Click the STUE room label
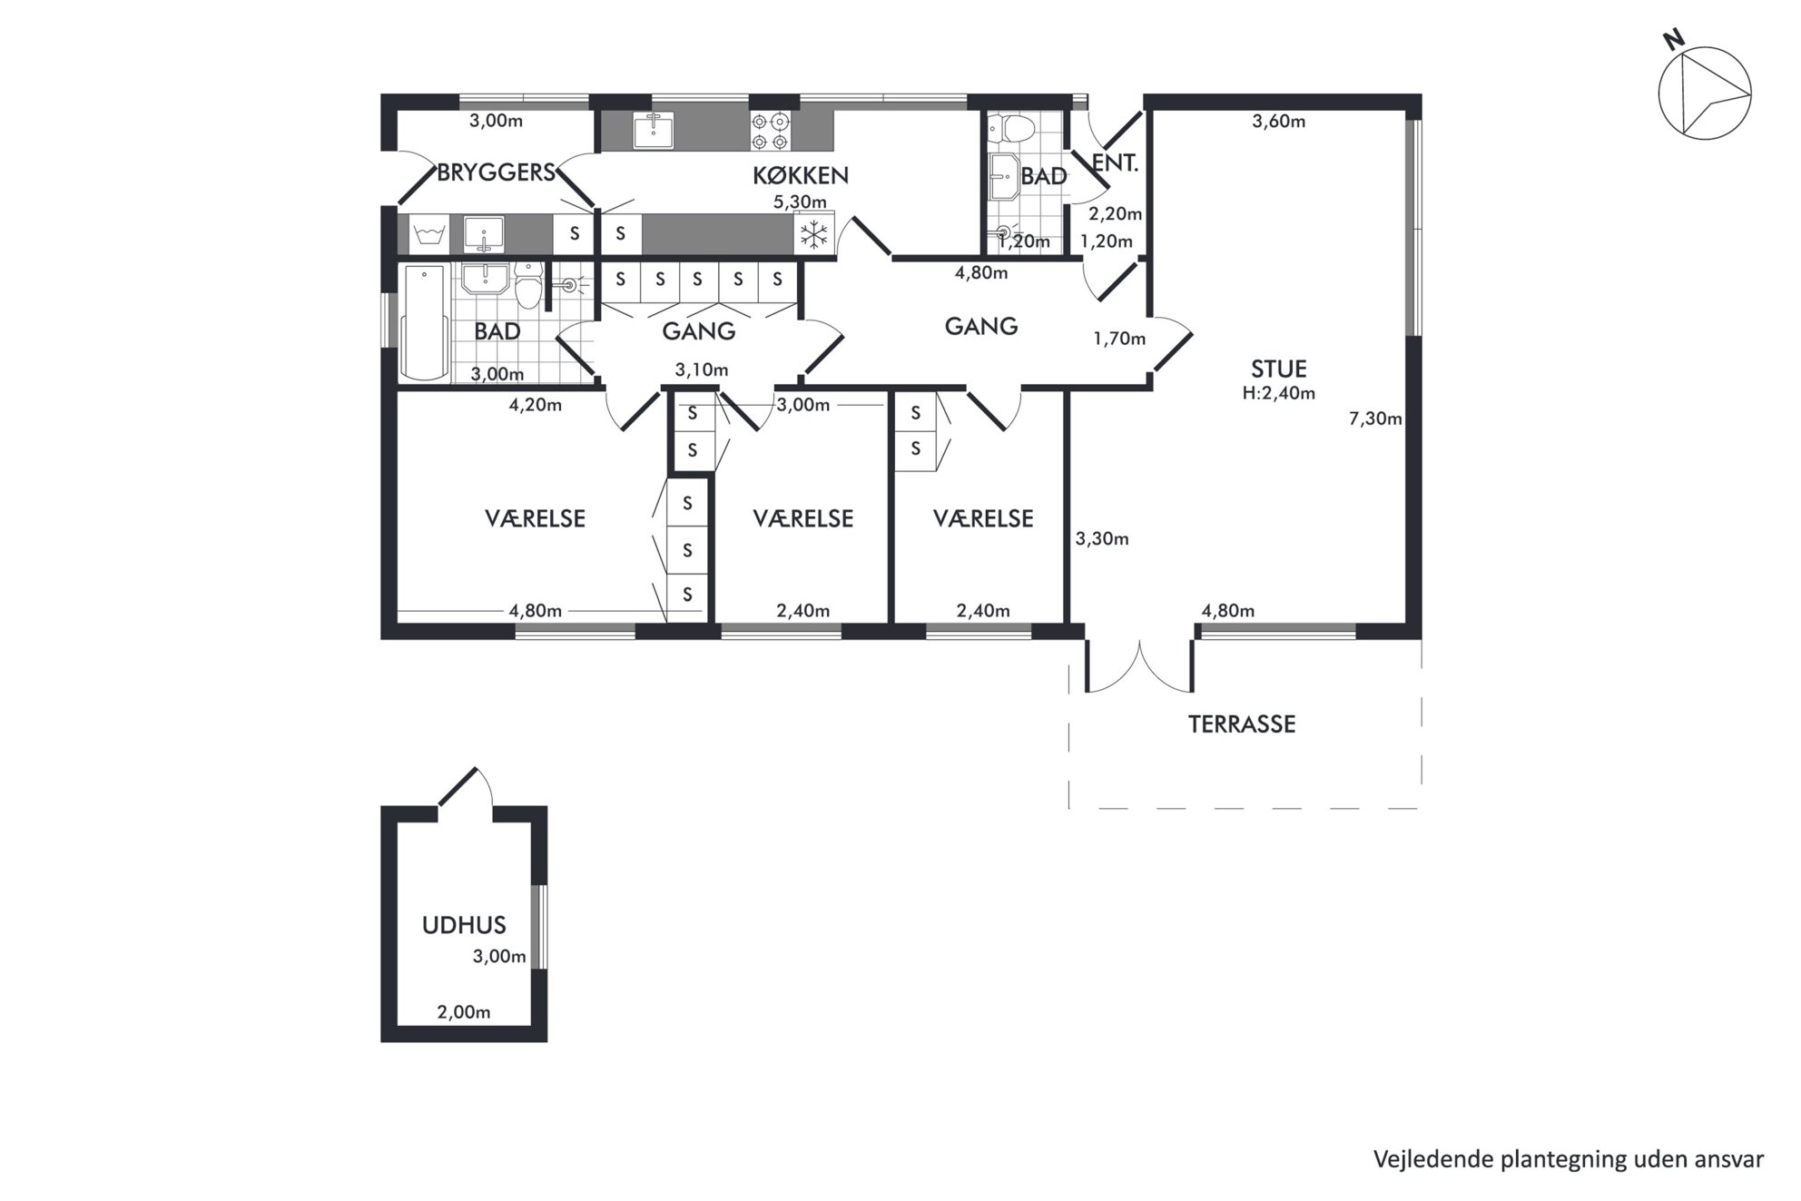click(1278, 369)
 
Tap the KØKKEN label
click(800, 175)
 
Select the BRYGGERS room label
click(496, 172)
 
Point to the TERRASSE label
click(1242, 724)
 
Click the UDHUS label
click(464, 925)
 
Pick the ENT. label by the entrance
click(1115, 163)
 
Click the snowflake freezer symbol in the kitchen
click(814, 235)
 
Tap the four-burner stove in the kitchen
click(771, 131)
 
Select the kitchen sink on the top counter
click(653, 131)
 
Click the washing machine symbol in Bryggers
click(428, 235)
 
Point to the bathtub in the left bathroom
click(425, 322)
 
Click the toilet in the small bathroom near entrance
click(1010, 128)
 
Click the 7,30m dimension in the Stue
click(1375, 418)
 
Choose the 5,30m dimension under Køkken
click(800, 202)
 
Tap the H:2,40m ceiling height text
click(1278, 393)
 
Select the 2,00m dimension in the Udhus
click(464, 1012)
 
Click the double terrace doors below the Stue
click(1139, 665)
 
